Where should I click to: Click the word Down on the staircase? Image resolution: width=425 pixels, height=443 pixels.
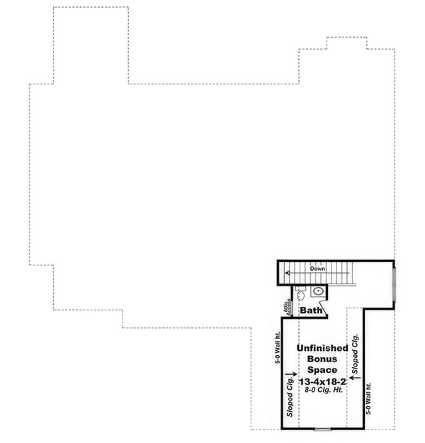click(318, 269)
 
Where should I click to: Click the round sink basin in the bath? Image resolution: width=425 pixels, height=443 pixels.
click(318, 291)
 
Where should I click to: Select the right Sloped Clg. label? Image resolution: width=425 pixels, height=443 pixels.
click(356, 354)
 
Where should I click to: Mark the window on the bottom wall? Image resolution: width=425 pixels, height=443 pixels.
click(323, 430)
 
